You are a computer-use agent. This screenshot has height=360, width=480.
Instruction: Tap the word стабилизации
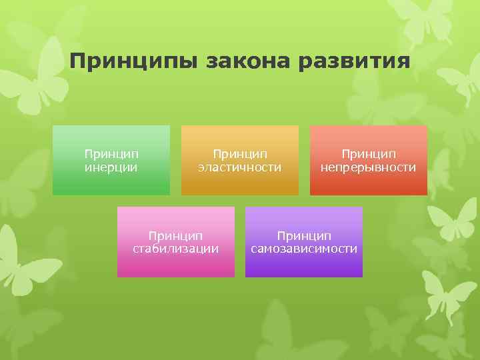coord(176,249)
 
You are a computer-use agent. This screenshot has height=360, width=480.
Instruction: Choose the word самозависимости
coord(304,249)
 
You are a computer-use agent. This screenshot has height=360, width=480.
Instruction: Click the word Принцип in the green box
coord(111,154)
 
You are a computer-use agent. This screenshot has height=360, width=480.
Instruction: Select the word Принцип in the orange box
coord(240,154)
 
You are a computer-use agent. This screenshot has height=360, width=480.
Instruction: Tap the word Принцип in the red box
coord(368,154)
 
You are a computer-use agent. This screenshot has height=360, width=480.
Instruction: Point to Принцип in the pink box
coord(176,235)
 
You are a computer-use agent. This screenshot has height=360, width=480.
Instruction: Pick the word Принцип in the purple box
coord(304,235)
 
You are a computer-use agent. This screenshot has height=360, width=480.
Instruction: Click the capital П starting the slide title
coord(77,63)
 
